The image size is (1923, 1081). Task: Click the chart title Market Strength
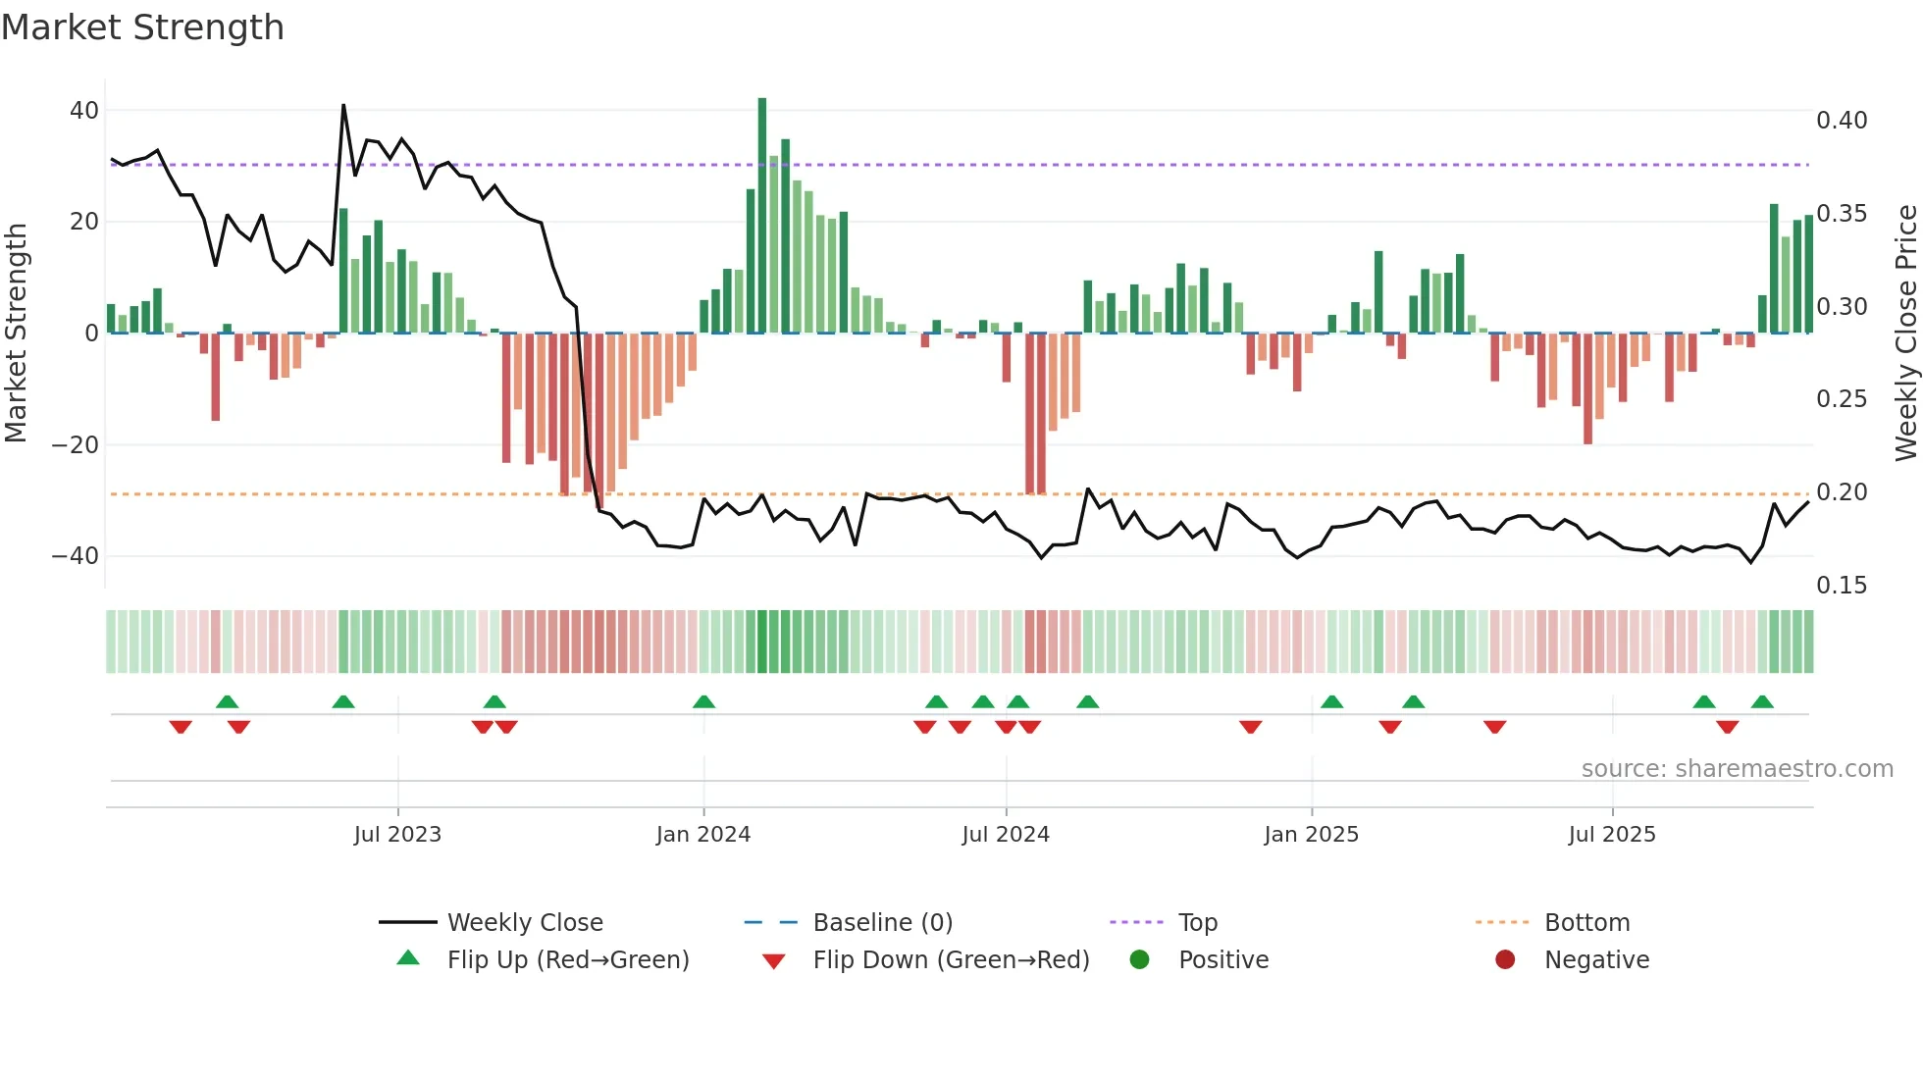pos(142,27)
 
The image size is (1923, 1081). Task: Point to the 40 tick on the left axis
pos(84,111)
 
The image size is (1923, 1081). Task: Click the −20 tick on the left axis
pos(76,445)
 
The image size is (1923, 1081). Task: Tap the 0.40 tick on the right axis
pos(1842,121)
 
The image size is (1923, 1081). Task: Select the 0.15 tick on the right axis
pos(1842,586)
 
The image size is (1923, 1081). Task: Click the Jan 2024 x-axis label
pos(703,835)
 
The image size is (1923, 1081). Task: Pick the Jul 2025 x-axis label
pos(1612,835)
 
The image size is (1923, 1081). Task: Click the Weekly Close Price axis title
pos(1905,334)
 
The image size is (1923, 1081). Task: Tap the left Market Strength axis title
pos(17,334)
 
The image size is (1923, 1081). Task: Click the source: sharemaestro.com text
pos(1737,769)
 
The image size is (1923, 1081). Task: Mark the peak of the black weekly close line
pos(343,105)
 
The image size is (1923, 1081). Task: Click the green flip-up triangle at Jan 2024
pos(703,702)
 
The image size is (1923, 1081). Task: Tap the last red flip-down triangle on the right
pos(1728,727)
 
